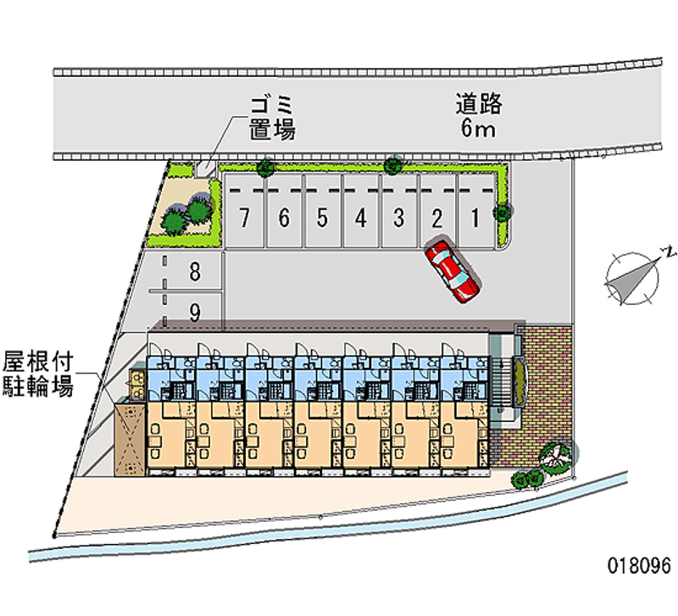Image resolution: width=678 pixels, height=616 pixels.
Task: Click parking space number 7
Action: click(x=244, y=218)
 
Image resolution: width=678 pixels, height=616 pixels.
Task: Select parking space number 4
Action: click(x=360, y=218)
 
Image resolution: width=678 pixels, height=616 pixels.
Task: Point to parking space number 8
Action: click(x=195, y=272)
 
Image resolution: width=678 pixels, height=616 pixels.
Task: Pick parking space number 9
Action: click(x=195, y=314)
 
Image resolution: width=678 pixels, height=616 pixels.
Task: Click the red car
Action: click(x=453, y=270)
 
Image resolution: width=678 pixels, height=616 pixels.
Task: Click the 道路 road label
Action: click(x=479, y=103)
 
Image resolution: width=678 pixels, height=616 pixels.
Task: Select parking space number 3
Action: click(x=398, y=218)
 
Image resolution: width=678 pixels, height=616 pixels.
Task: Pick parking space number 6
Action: click(x=284, y=218)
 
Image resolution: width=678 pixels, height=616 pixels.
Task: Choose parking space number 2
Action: click(x=436, y=218)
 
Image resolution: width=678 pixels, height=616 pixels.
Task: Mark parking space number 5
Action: click(x=322, y=218)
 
